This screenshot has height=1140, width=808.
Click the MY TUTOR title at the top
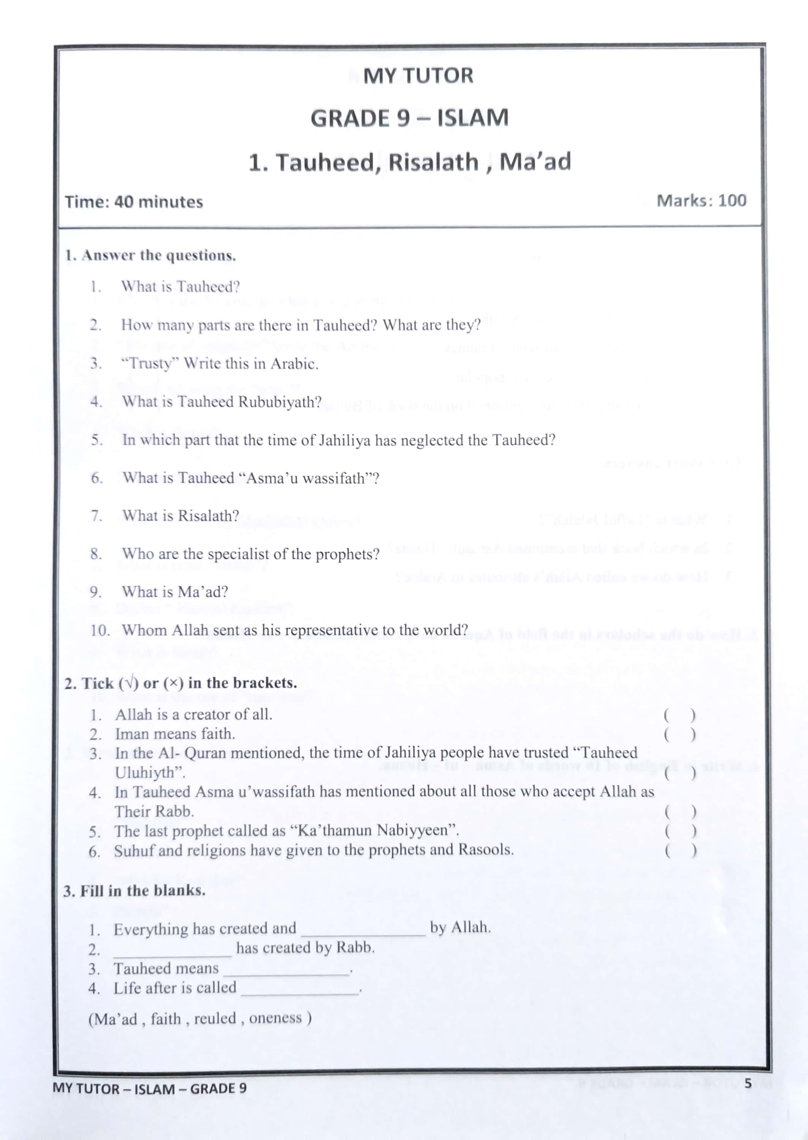[x=418, y=76]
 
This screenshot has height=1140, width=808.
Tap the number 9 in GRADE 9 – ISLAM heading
[x=402, y=119]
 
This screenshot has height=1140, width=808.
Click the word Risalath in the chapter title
[x=433, y=162]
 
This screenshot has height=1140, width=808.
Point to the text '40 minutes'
[x=158, y=202]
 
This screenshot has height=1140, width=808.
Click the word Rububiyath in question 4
[x=280, y=402]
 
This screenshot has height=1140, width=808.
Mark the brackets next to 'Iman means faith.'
[x=680, y=735]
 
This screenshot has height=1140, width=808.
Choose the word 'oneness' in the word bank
[x=275, y=1018]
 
